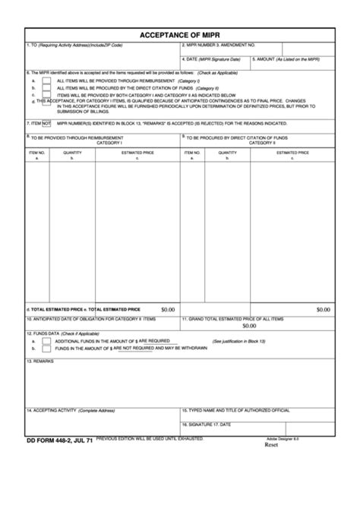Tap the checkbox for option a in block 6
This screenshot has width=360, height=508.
click(x=46, y=80)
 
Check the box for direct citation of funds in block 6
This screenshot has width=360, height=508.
click(x=46, y=88)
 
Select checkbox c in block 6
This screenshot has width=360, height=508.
click(x=46, y=96)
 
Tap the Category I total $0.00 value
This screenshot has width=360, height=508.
click(x=168, y=310)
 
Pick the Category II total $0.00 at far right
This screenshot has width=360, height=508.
click(x=324, y=310)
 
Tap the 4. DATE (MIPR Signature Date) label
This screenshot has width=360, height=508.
click(x=212, y=58)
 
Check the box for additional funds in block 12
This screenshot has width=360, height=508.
click(x=46, y=342)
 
